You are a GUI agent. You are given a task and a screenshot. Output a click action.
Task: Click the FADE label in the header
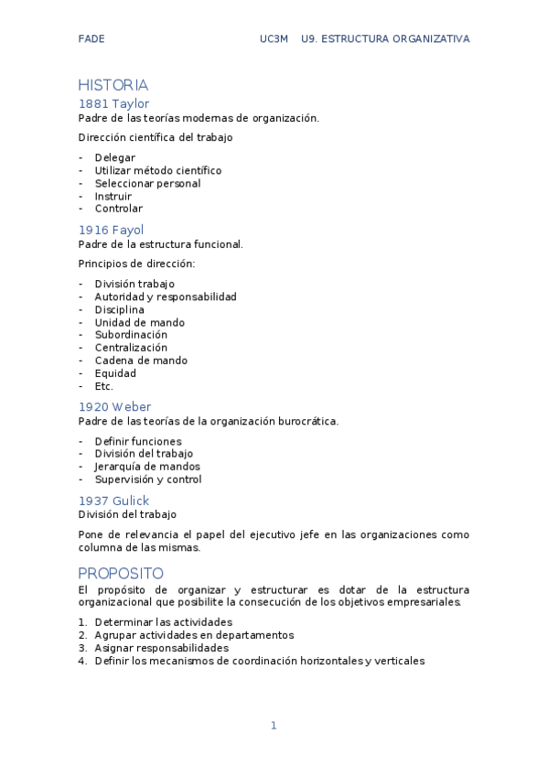[x=91, y=38]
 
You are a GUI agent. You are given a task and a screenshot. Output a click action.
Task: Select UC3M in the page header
[x=274, y=38]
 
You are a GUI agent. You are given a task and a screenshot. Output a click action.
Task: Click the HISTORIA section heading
[x=113, y=85]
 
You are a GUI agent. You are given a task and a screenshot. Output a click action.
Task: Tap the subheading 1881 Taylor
[x=113, y=103]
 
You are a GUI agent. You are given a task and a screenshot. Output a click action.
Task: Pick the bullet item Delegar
[x=114, y=157]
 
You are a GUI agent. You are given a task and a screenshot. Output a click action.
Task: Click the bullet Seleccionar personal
[x=147, y=183]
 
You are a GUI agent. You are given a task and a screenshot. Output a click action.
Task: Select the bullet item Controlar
[x=118, y=209]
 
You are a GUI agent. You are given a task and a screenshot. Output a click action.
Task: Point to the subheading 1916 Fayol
[x=111, y=230]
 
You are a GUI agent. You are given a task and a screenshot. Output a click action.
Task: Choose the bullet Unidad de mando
[x=139, y=322]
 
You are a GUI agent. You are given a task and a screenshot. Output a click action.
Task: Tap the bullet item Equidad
[x=115, y=373]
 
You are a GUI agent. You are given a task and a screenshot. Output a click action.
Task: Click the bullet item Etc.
[x=103, y=386]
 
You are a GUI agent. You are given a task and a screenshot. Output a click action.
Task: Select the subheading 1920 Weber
[x=114, y=406]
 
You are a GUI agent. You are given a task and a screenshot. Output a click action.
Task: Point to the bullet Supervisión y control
[x=148, y=480]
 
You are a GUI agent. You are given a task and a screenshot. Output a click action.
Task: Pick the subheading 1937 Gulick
[x=113, y=501]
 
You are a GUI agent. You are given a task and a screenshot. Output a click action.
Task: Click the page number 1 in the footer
[x=273, y=726]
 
